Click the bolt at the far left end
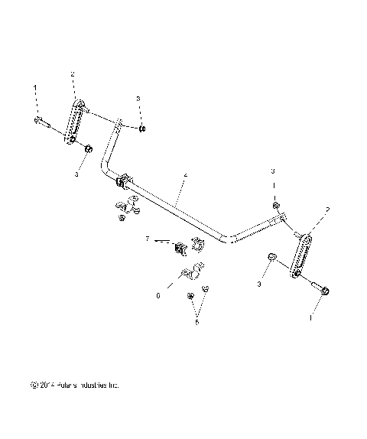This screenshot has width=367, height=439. click(43, 122)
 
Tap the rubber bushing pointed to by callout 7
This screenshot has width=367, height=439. click(180, 249)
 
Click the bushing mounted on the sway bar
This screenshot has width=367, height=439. click(123, 184)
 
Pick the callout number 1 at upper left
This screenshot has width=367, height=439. click(34, 89)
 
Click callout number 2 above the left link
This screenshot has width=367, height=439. click(72, 74)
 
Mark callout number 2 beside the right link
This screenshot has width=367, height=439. click(328, 208)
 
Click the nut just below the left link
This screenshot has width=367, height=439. click(87, 148)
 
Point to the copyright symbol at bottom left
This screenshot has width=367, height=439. click(32, 385)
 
